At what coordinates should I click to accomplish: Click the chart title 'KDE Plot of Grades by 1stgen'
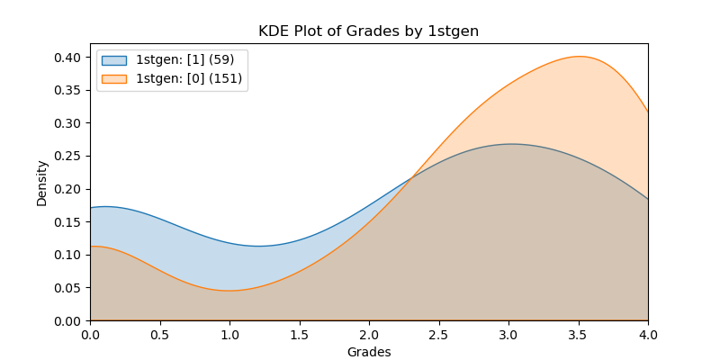click(x=368, y=31)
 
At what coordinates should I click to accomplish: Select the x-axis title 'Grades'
click(x=369, y=352)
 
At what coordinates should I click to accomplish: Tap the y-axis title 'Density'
click(x=42, y=183)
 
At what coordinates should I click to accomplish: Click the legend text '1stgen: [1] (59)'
click(x=184, y=60)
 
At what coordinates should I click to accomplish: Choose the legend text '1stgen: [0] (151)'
click(x=189, y=79)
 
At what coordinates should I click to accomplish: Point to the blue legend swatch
click(x=114, y=60)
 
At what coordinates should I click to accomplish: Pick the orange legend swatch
click(x=114, y=79)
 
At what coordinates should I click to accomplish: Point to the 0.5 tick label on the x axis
click(x=160, y=334)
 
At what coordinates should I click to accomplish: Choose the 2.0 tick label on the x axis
click(x=369, y=334)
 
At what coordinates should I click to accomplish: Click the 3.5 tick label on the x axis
click(x=579, y=334)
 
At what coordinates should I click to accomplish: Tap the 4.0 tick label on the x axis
click(x=647, y=334)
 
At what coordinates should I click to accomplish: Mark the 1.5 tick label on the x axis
click(x=300, y=334)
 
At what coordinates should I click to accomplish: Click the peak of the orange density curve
click(x=579, y=57)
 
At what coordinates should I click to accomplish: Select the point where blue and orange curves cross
click(x=410, y=175)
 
